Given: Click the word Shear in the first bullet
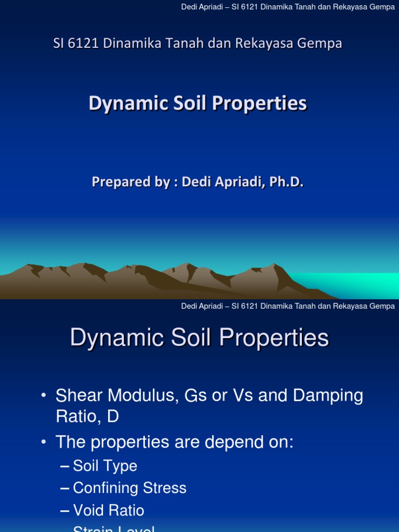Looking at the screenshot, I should [x=78, y=395].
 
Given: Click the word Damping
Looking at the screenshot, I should [x=328, y=395].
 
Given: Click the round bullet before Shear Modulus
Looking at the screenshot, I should [x=45, y=396].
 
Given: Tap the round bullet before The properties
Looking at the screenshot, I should [x=45, y=443].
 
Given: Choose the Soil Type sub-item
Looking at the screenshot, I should [x=105, y=465].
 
